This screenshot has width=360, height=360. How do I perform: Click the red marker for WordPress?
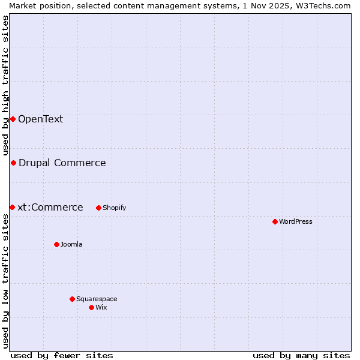click(275, 221)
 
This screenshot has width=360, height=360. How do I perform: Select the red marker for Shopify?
click(98, 208)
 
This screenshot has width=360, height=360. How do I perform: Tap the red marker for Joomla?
click(56, 244)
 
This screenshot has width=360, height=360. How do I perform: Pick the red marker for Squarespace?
click(72, 299)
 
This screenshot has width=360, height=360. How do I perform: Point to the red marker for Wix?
click(91, 307)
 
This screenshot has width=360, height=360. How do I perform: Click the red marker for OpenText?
click(13, 119)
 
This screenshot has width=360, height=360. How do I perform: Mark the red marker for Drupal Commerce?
click(13, 163)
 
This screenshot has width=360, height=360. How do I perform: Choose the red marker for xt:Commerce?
click(12, 207)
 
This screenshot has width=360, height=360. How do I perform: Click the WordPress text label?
click(296, 221)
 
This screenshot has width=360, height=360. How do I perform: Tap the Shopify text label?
click(115, 208)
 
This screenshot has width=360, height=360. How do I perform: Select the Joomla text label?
click(71, 244)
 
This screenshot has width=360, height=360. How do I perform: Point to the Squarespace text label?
click(97, 299)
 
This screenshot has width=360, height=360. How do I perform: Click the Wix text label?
click(101, 307)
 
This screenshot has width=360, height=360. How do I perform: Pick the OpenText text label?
click(40, 119)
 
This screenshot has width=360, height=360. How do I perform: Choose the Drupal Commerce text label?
click(62, 163)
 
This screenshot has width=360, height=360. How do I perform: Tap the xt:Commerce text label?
click(50, 207)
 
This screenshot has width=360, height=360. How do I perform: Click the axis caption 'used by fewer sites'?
click(62, 355)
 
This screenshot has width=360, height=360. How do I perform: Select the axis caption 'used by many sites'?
click(301, 355)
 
